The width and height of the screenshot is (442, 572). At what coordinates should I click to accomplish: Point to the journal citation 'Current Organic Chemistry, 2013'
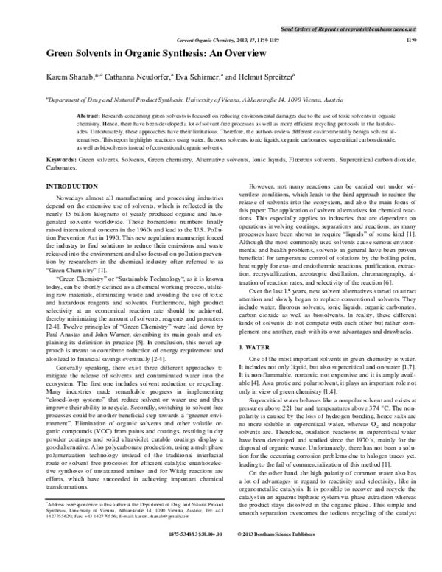(x=222, y=40)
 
